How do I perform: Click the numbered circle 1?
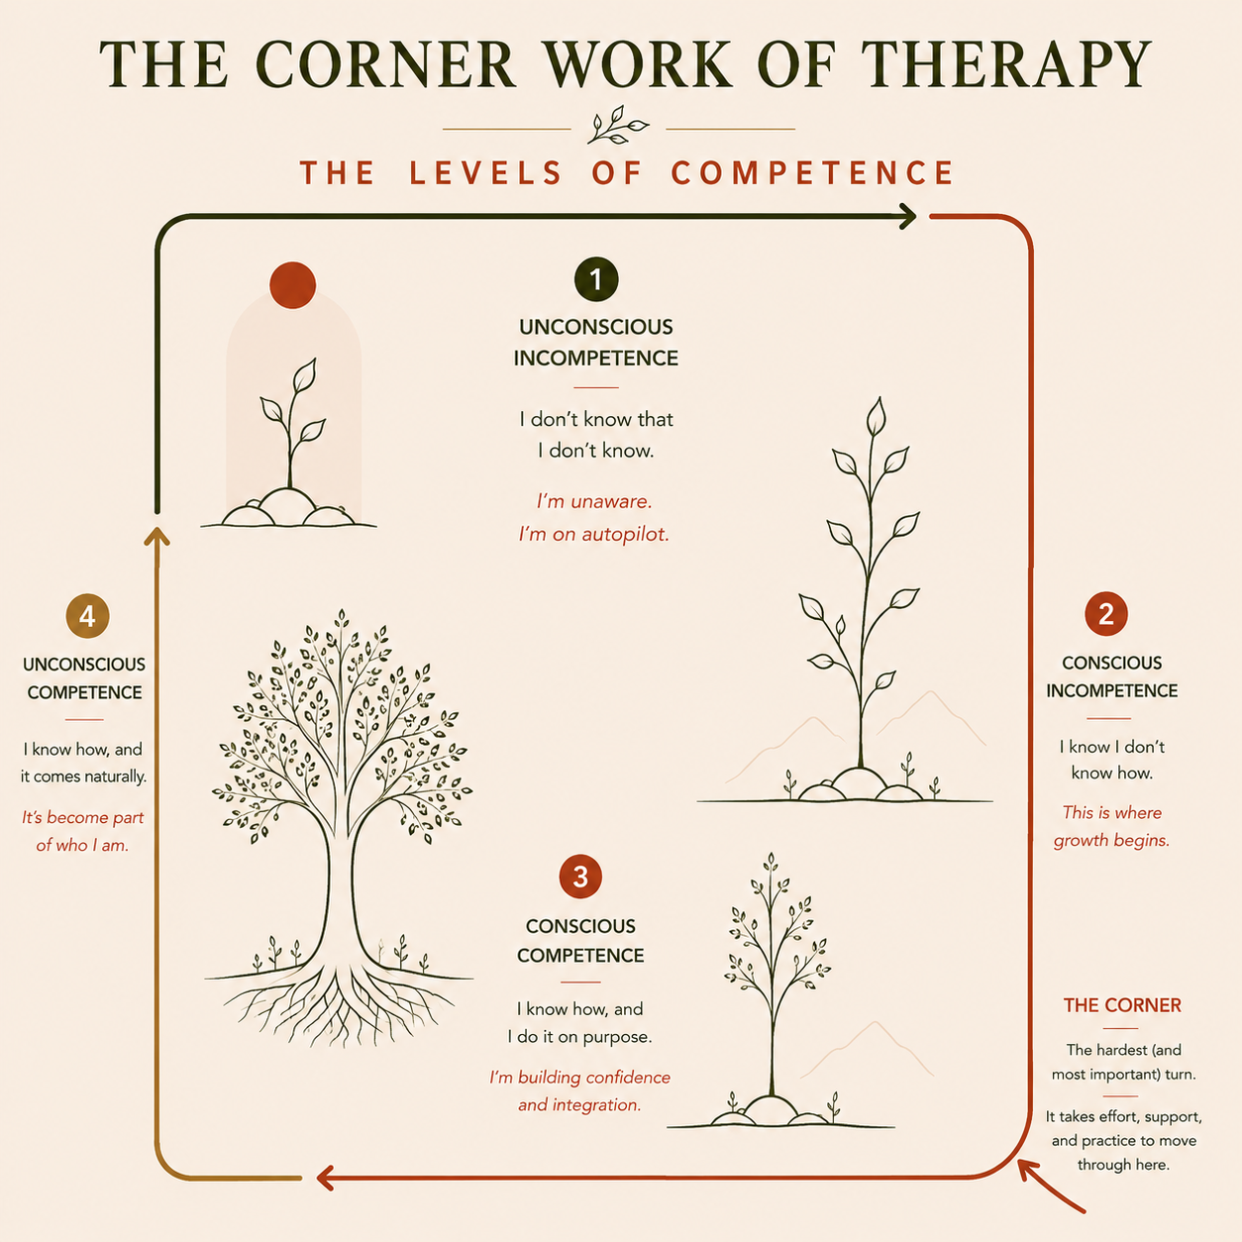(x=596, y=279)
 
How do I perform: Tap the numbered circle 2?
(x=1106, y=614)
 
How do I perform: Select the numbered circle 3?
(x=580, y=877)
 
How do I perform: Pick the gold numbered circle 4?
(x=88, y=616)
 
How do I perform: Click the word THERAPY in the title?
(x=1006, y=64)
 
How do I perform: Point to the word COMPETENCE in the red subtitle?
(x=812, y=172)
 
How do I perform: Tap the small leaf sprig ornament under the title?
(x=617, y=125)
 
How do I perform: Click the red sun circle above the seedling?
(x=292, y=285)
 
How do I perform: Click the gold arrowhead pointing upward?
(x=156, y=536)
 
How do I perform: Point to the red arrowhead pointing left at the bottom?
(x=326, y=1178)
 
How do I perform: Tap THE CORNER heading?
(x=1122, y=1005)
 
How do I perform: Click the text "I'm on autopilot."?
(x=593, y=534)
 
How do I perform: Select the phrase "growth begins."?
(x=1111, y=841)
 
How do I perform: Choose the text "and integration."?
(x=579, y=1104)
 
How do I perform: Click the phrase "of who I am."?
(x=82, y=845)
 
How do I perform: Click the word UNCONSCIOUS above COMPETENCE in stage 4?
(x=84, y=665)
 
